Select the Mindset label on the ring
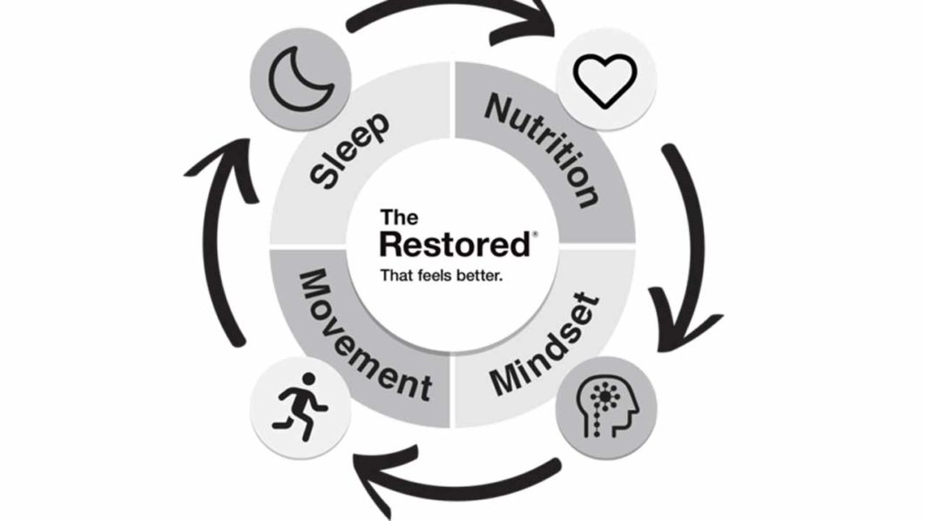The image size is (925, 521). [x=545, y=345]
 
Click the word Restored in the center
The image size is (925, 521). [x=454, y=244]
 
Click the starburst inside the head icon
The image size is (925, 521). [x=600, y=396]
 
